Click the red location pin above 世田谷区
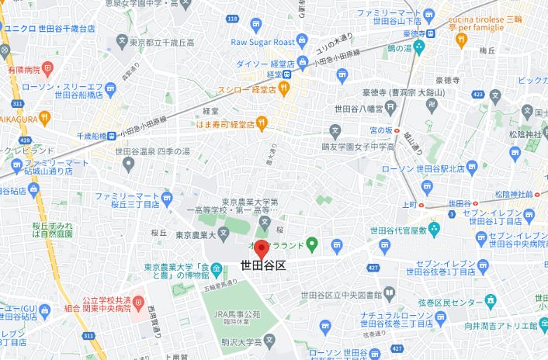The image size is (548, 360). point(262,250)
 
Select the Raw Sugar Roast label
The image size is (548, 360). point(262,43)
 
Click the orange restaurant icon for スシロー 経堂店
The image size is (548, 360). point(285,89)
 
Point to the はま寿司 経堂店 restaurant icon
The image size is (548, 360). point(262,122)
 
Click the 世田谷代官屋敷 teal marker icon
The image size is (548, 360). point(434,229)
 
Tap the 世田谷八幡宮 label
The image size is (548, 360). point(359,109)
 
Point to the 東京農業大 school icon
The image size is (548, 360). point(223,232)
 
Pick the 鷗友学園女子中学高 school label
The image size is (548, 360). point(362,145)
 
